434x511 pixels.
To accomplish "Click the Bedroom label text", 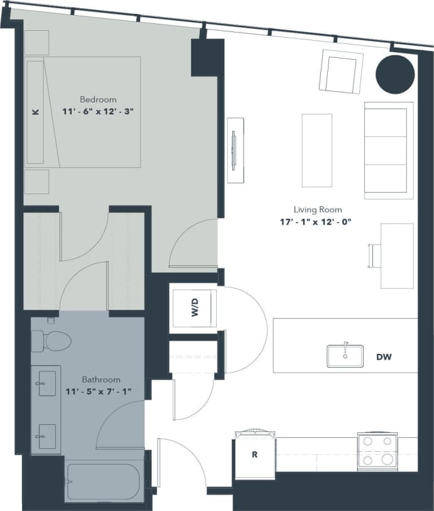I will (98, 99).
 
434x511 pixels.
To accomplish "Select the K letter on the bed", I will (36, 112).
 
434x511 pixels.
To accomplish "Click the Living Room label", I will (318, 210).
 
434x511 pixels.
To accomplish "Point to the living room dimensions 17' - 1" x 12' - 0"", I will (318, 221).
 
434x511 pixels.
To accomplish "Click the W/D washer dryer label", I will (195, 308).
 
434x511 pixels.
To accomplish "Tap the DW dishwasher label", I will (384, 357).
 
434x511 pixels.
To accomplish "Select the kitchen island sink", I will (344, 356).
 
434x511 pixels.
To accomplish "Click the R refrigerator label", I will (254, 454).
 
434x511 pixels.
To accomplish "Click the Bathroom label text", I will (101, 380).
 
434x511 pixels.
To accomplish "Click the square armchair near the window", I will (341, 71).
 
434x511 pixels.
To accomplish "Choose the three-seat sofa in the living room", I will (388, 150).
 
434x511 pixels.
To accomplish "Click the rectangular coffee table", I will (317, 150).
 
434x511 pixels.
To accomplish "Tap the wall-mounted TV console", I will (235, 150).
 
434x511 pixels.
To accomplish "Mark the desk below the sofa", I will (396, 256).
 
